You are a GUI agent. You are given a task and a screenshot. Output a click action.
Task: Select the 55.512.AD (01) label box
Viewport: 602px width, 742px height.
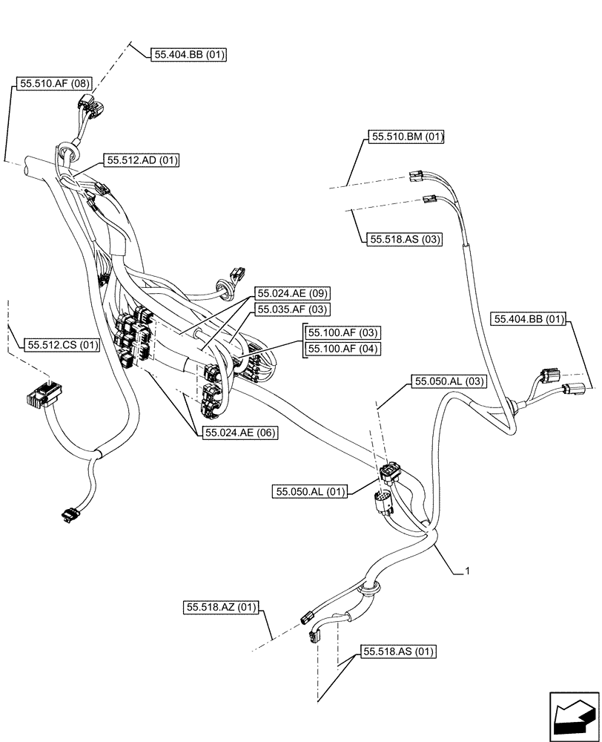coord(142,160)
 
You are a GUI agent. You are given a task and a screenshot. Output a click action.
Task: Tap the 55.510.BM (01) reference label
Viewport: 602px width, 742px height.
coord(406,137)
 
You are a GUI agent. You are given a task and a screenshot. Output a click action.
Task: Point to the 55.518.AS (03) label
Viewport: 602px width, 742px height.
coord(404,239)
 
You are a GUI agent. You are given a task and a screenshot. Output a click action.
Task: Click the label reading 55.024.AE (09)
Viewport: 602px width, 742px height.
coord(292,293)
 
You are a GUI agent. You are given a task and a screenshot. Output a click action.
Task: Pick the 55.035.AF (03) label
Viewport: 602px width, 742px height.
coord(292,309)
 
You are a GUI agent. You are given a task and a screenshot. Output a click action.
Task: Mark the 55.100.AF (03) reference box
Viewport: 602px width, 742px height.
coord(343,333)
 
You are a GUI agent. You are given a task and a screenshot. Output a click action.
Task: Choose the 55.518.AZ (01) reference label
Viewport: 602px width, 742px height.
coord(221,608)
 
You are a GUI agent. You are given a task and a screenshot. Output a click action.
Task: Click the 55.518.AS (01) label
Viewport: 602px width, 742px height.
coord(398,651)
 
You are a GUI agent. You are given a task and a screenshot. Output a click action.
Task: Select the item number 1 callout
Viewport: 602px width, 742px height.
coord(467,571)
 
